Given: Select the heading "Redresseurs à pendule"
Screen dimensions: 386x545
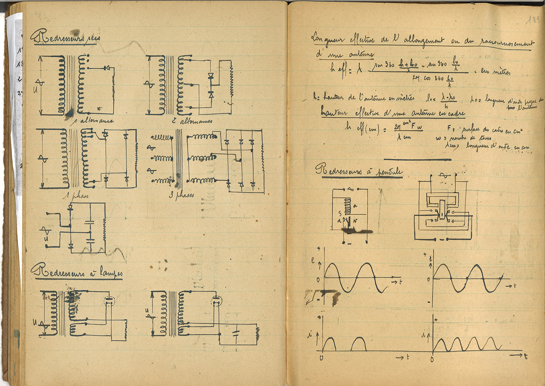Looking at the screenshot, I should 359,171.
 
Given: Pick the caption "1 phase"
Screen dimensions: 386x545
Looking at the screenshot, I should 76,195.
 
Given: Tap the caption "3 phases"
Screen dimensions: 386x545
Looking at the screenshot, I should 181,195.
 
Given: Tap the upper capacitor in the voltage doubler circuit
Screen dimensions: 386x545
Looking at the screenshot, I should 90,222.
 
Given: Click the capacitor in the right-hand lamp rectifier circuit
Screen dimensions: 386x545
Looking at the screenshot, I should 236,333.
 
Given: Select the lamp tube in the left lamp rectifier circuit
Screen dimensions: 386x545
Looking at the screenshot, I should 109,301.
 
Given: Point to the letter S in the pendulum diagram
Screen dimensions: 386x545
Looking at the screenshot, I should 340,213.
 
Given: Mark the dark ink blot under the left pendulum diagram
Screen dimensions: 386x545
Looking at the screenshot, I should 357,231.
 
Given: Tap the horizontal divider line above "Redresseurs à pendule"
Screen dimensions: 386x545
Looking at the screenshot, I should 417,159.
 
